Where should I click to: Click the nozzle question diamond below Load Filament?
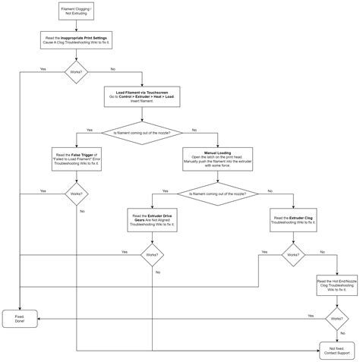click(x=141, y=133)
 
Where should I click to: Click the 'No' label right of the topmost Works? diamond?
click(x=113, y=69)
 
